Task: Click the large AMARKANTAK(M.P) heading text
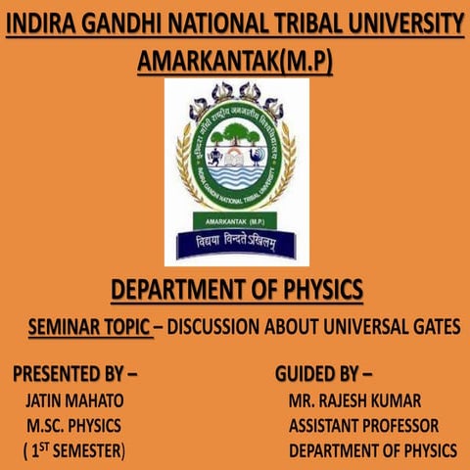pos(235,61)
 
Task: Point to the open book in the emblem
pos(235,156)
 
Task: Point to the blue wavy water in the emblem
pos(235,176)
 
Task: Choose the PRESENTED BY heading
pos(75,374)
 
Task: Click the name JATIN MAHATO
pos(74,400)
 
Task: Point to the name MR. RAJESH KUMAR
pos(354,400)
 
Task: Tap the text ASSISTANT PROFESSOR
pos(363,426)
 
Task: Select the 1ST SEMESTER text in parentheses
pos(74,450)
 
